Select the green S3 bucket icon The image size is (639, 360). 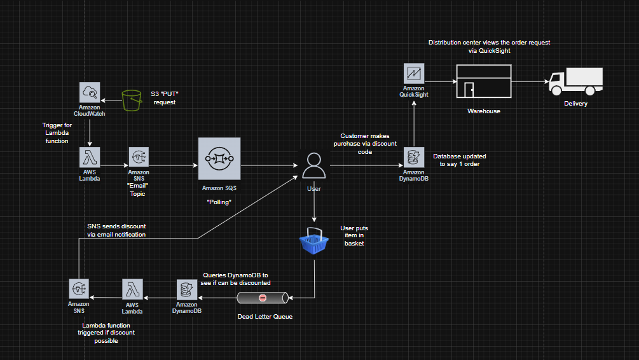(x=132, y=100)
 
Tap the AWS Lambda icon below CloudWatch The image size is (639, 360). (x=90, y=157)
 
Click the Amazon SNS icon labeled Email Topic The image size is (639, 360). (x=138, y=157)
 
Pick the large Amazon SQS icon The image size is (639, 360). (x=219, y=158)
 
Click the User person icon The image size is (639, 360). (x=313, y=165)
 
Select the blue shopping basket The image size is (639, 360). (x=314, y=240)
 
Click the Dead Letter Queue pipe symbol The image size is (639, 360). (x=263, y=298)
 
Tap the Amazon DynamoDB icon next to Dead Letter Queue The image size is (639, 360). (x=187, y=290)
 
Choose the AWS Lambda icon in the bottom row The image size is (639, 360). (x=133, y=289)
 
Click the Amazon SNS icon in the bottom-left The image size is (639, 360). (x=79, y=289)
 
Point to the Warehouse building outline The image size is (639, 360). (x=483, y=81)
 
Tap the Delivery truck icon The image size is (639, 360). (x=575, y=82)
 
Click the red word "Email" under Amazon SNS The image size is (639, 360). (x=138, y=186)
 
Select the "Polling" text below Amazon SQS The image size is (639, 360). (x=219, y=201)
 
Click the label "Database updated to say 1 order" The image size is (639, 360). (x=460, y=160)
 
